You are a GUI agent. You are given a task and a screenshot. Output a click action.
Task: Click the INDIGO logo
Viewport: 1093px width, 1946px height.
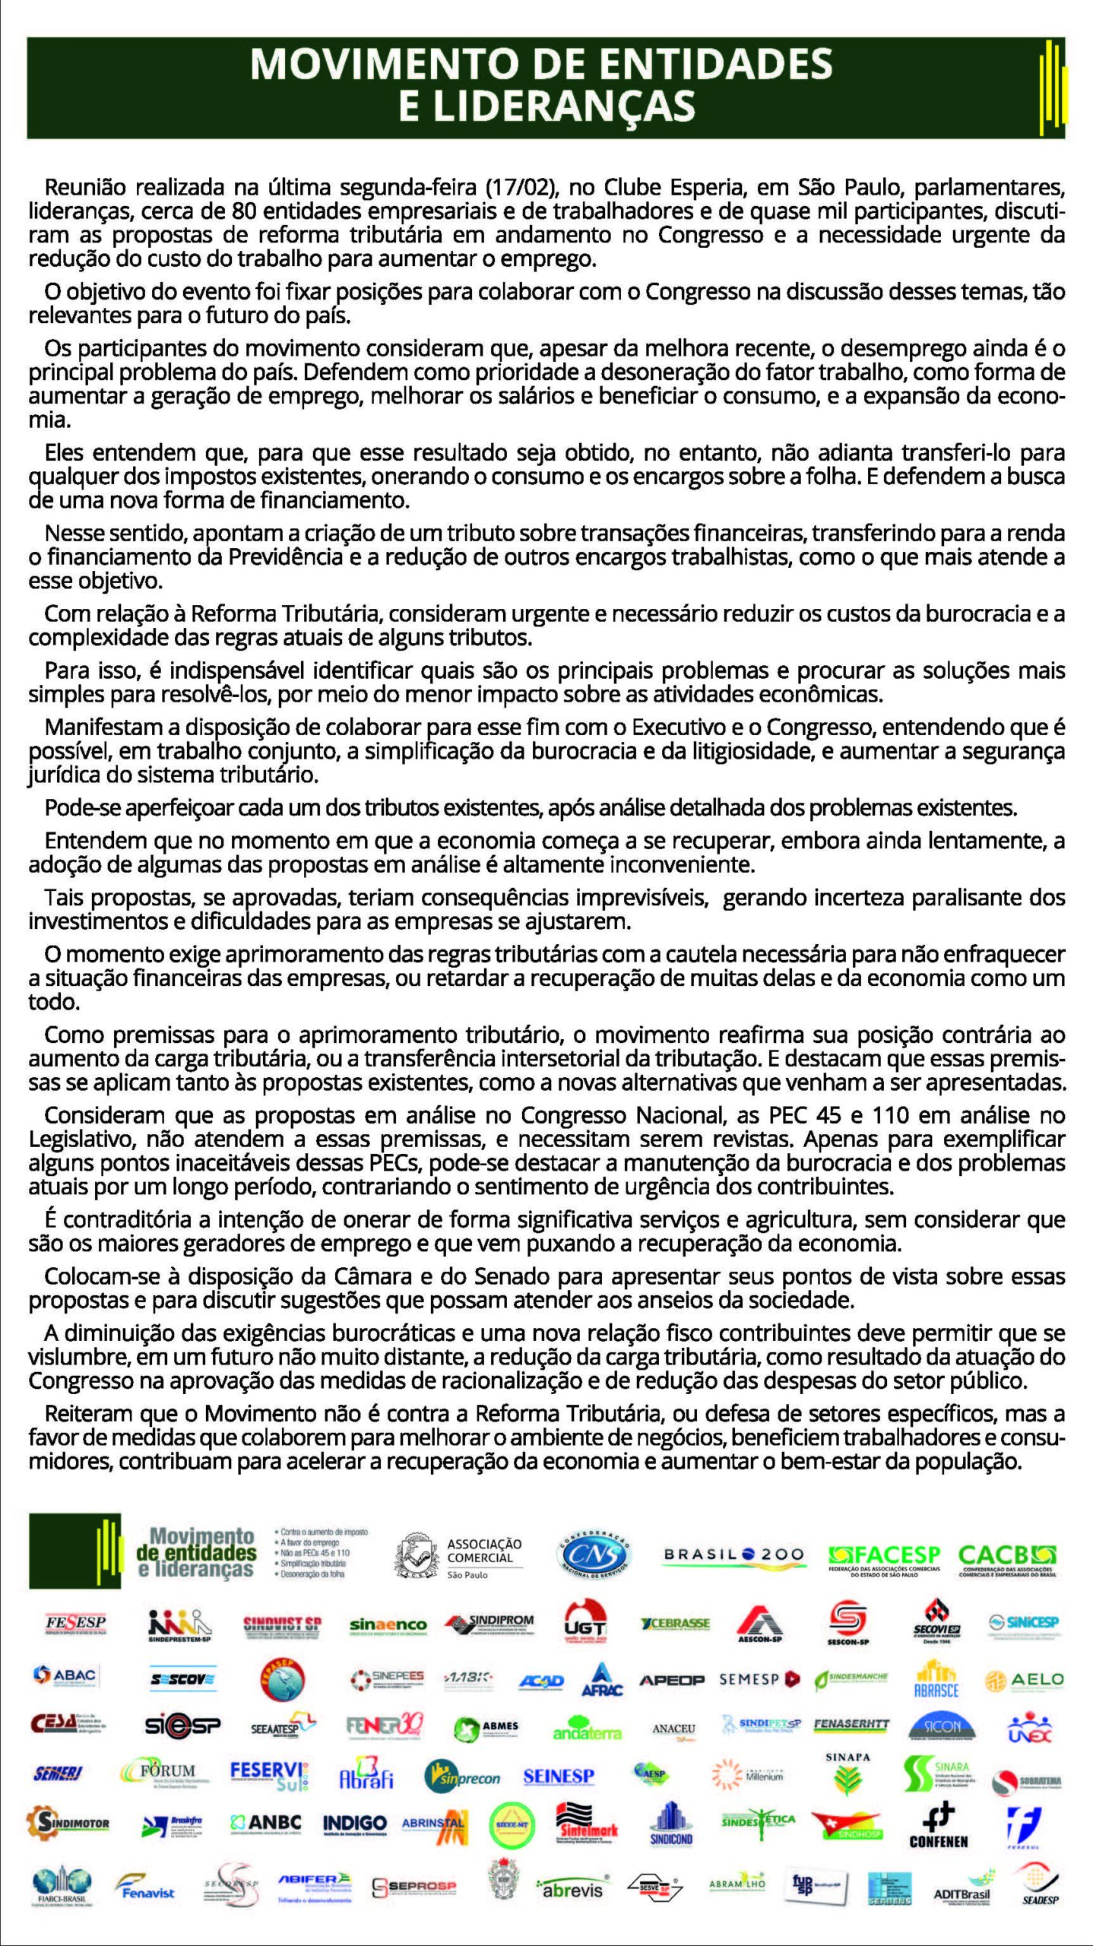pyautogui.click(x=355, y=1822)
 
